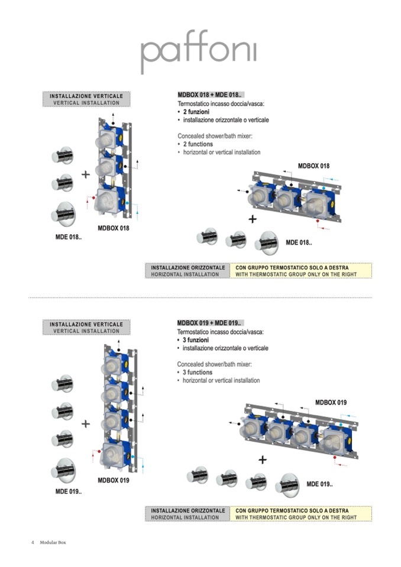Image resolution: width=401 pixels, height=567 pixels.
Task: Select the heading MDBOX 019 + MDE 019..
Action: (209, 323)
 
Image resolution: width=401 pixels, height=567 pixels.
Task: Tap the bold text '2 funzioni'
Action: (199, 112)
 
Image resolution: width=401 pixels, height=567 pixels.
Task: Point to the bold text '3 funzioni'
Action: (199, 340)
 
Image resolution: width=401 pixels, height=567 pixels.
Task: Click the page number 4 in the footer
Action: (33, 543)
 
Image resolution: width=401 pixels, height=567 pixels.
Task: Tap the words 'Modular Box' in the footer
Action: (53, 543)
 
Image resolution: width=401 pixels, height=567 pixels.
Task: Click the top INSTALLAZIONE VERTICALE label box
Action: (86, 99)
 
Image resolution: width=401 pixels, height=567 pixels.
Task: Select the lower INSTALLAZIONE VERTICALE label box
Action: (86, 328)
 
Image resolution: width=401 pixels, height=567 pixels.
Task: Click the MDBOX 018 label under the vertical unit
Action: (113, 228)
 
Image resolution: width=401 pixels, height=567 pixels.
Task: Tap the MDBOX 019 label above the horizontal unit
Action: (331, 403)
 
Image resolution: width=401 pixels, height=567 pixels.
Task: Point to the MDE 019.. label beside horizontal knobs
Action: (319, 485)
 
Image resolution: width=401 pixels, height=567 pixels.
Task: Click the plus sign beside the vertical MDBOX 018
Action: (85, 174)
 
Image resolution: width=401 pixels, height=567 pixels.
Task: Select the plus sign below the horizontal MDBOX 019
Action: (262, 459)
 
